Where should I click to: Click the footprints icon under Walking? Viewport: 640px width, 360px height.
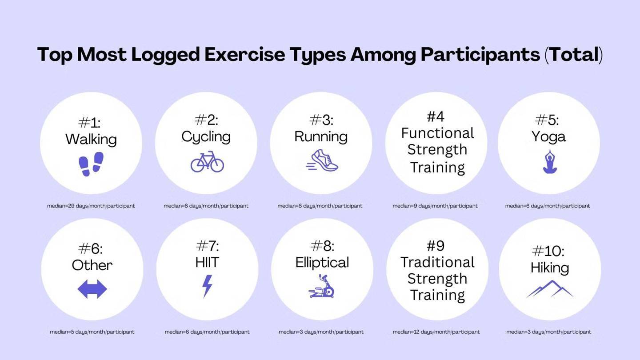tap(91, 164)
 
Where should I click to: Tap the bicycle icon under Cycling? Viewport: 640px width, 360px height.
tap(207, 162)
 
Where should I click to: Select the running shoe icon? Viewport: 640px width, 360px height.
tap(322, 160)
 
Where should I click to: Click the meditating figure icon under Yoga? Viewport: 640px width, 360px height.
tap(550, 162)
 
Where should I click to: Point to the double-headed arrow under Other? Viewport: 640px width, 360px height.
tap(92, 289)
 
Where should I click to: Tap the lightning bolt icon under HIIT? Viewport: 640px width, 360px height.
tap(208, 286)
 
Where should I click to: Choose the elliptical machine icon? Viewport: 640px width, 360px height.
tap(322, 286)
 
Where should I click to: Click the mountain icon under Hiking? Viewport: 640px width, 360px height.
tap(550, 289)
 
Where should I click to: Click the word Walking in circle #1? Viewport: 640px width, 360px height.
tap(91, 140)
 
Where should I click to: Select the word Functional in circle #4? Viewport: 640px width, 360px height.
tap(437, 133)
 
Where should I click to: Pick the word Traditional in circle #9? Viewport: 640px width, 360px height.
tap(437, 262)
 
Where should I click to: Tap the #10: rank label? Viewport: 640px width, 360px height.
tap(548, 251)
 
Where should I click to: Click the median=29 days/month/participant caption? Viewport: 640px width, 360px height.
tap(91, 206)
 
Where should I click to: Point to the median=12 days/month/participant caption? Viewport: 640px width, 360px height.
tap(436, 332)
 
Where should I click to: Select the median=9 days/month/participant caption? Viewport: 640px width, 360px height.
tap(435, 206)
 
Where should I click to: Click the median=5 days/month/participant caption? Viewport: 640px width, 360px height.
tap(92, 332)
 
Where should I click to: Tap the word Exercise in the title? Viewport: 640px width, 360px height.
tap(244, 54)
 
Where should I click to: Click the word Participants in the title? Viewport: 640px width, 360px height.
tap(480, 55)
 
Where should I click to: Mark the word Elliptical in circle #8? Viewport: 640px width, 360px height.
tap(322, 262)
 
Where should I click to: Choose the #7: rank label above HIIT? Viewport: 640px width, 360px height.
tap(208, 246)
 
